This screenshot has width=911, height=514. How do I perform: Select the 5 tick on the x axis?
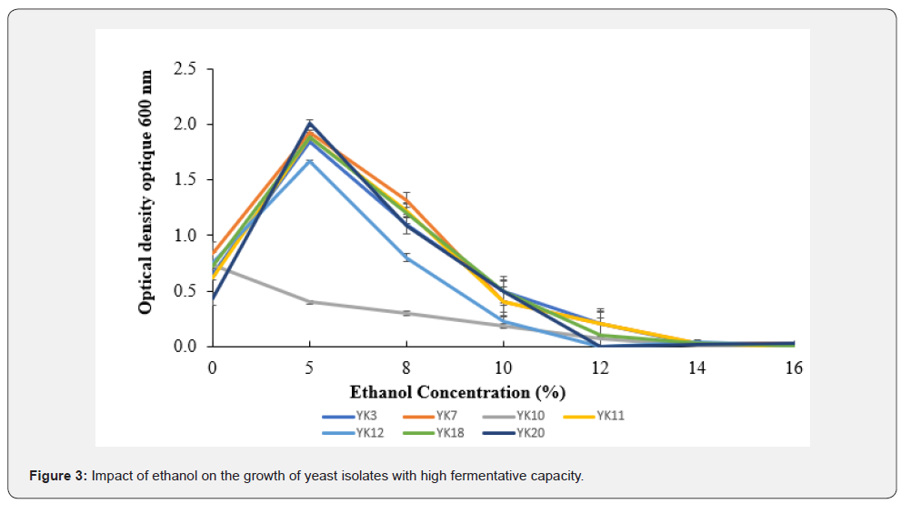(x=309, y=368)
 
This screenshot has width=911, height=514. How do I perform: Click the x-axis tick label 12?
(x=599, y=368)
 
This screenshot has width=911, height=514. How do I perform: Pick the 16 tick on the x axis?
(x=793, y=368)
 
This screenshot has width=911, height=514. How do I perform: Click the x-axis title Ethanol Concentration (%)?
(x=457, y=392)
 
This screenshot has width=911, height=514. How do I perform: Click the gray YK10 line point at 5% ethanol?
(x=309, y=301)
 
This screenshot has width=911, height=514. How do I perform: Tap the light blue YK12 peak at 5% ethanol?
(x=309, y=161)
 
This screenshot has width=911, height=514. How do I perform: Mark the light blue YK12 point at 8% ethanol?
(x=406, y=257)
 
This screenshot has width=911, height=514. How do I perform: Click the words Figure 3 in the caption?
(x=58, y=477)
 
